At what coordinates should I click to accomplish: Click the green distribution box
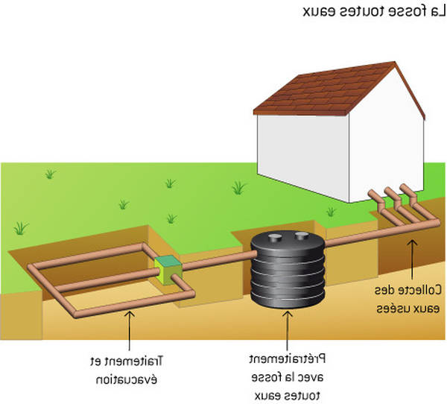(x=168, y=270)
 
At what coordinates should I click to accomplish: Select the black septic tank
(x=288, y=269)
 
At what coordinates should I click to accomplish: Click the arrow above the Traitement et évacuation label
(x=130, y=330)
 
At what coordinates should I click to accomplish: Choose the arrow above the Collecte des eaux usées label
(x=412, y=259)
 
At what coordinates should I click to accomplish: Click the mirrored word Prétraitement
(x=288, y=359)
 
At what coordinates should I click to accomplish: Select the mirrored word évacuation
(x=127, y=380)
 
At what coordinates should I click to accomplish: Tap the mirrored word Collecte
(x=419, y=291)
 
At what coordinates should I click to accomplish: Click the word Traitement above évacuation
(x=134, y=362)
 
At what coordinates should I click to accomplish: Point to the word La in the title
(x=437, y=11)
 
